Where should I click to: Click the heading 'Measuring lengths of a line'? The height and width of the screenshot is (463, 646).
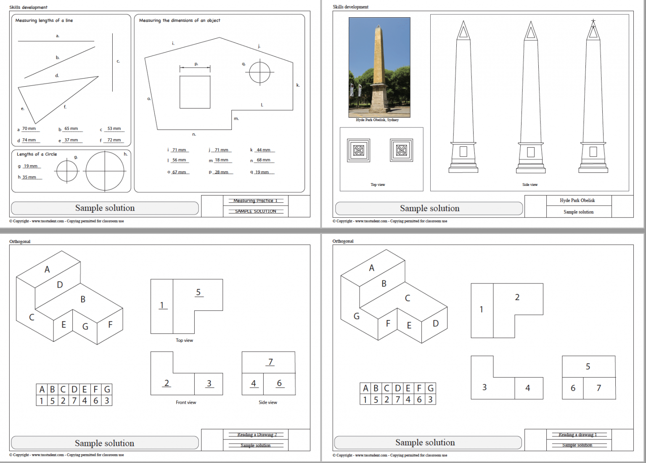pos(44,20)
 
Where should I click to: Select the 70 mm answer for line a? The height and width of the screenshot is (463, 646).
pos(29,129)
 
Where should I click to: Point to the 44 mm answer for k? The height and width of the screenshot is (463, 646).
pos(264,150)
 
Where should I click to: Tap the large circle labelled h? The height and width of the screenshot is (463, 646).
pos(105,171)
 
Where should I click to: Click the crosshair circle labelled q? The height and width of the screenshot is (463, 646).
pos(259,72)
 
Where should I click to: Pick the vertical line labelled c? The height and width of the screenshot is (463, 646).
pos(112,62)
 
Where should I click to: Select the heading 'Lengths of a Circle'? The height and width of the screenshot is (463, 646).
pos(37,154)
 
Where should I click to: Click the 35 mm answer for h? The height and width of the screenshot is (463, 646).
pos(29,177)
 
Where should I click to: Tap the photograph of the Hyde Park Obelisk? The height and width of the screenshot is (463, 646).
pos(379,67)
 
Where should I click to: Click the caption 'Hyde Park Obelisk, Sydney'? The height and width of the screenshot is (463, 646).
pos(377,120)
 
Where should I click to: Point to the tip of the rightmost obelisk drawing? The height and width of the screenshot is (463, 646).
pos(593,20)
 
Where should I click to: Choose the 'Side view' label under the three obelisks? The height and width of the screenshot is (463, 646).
pos(530,185)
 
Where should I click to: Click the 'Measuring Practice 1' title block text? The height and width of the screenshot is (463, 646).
pos(255,201)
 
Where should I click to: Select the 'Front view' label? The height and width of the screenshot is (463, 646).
pos(186,402)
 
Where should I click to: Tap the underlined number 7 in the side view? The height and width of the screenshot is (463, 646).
pos(270,362)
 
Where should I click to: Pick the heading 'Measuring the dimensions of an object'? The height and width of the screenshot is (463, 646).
pos(180,20)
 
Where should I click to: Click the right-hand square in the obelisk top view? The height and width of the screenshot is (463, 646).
pos(402,150)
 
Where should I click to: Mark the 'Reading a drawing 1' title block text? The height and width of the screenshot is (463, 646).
pos(577,434)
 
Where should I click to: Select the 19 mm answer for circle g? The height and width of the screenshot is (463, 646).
pos(31,166)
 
